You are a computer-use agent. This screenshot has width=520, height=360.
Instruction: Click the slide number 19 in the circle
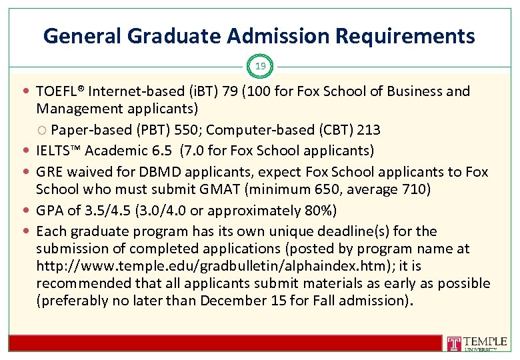(260, 66)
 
